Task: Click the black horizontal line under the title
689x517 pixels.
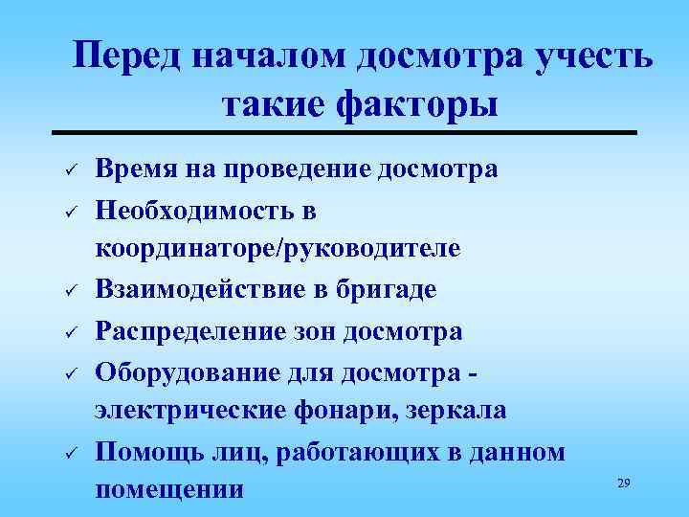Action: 344,132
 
